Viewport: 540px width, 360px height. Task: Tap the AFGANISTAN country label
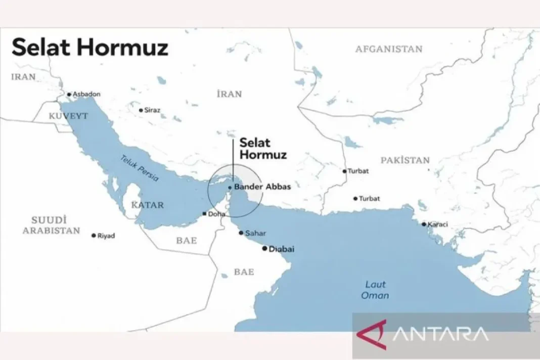click(x=388, y=49)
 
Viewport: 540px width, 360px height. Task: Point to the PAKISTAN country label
click(x=405, y=160)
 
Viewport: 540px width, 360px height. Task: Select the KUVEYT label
click(x=68, y=116)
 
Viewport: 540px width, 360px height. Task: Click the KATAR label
click(x=147, y=205)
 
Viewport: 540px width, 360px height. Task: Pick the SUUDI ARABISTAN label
click(x=56, y=225)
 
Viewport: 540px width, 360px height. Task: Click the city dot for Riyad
click(x=94, y=236)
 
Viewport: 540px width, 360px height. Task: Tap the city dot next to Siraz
click(x=141, y=110)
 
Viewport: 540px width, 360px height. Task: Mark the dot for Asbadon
click(x=69, y=94)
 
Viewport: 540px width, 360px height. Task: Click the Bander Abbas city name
click(x=262, y=187)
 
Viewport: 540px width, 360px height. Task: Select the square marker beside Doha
click(x=204, y=214)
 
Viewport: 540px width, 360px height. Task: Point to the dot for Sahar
click(x=241, y=233)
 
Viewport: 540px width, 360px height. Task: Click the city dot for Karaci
click(x=424, y=224)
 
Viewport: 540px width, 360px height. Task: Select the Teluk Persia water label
click(x=140, y=168)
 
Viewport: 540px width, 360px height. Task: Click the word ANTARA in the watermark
click(x=440, y=334)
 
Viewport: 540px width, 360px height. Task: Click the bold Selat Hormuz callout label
click(x=263, y=149)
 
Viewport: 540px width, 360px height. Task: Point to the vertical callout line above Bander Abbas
click(x=233, y=162)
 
